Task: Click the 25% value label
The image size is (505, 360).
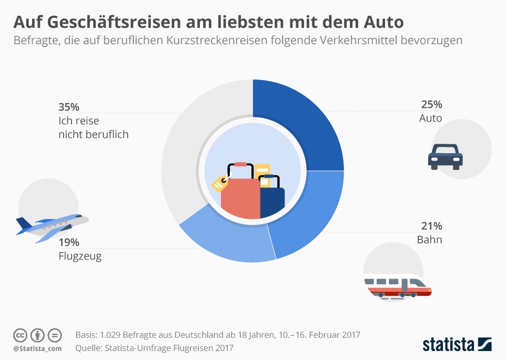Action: tap(431, 105)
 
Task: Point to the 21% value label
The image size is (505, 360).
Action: tap(431, 226)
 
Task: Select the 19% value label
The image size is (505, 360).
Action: tap(68, 243)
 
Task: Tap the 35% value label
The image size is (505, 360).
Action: tap(68, 107)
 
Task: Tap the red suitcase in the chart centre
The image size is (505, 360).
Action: tap(240, 197)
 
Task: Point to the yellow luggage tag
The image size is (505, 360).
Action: tap(219, 184)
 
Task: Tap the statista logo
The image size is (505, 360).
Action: tap(457, 345)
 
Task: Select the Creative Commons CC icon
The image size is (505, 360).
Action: tap(20, 335)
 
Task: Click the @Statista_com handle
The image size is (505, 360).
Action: tap(37, 348)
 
